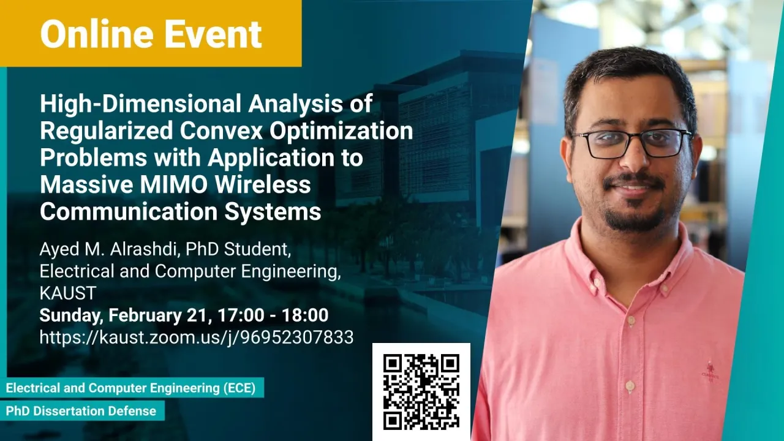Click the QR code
coord(421,391)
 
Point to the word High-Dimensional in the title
coord(141,104)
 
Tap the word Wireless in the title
coord(263,184)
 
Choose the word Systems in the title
coord(273,212)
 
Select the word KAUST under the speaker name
coord(68,293)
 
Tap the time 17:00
coord(241,315)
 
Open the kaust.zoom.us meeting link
coord(197,337)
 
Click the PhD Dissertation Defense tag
coord(81,411)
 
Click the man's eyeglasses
coord(631,143)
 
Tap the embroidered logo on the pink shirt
coord(710,371)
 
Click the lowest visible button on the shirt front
coord(630,386)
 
